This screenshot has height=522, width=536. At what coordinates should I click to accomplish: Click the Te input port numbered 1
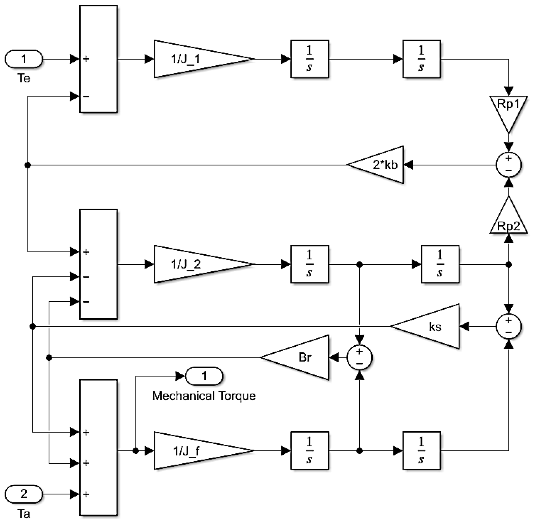24,59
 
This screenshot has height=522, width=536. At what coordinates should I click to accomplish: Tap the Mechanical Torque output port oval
204,376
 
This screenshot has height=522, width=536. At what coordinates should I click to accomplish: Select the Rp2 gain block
508,220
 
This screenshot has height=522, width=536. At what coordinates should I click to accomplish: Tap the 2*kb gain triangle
381,165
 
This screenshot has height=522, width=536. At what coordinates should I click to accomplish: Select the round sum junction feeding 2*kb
508,165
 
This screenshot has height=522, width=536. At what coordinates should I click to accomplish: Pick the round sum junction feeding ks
508,326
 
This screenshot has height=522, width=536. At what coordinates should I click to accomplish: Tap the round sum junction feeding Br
359,357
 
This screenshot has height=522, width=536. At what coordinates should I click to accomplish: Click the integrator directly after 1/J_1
310,59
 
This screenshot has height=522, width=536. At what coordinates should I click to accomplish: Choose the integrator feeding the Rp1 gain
422,59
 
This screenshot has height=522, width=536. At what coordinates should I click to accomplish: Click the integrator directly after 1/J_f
310,451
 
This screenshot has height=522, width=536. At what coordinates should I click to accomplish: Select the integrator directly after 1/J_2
310,264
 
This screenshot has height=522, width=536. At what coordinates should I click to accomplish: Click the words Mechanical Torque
204,396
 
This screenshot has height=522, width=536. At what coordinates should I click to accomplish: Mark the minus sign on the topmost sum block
86,97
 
